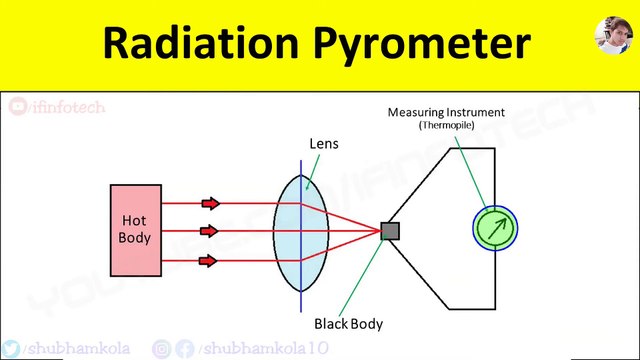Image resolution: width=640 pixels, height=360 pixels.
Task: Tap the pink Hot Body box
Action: point(135,230)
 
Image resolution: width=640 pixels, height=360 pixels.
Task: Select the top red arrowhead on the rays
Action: point(210,203)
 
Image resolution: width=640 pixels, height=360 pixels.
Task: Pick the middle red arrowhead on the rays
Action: point(210,232)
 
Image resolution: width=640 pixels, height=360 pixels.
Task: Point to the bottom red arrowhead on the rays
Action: point(210,261)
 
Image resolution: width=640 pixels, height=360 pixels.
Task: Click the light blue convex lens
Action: point(301,231)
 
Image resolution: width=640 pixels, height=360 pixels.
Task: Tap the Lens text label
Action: point(323,144)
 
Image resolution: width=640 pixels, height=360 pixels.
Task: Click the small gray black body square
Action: point(390,231)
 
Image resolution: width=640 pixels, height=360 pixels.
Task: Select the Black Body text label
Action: point(348,324)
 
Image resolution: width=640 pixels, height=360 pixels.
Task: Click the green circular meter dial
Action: point(496,229)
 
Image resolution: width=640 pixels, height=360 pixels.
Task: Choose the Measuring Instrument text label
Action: point(446,112)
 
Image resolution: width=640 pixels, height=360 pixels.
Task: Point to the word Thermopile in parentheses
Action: point(446,126)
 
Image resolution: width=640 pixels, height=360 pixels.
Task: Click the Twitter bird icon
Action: point(10,348)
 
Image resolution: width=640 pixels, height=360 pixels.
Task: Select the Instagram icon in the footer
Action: point(162,348)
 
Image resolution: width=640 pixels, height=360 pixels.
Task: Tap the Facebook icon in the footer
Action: point(185,348)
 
